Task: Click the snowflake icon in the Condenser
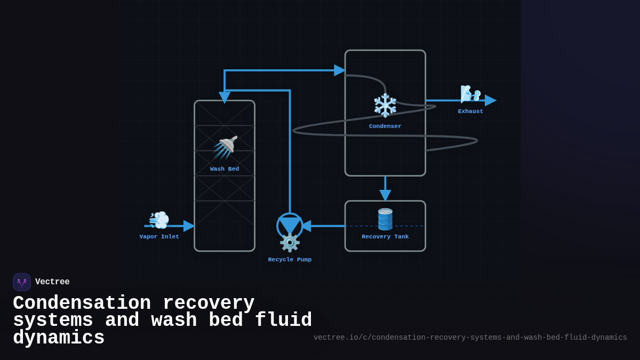385,105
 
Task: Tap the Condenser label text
385,126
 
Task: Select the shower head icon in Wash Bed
226,147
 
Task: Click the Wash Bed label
225,169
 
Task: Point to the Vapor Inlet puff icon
159,220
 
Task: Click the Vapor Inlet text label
159,237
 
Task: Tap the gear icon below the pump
290,243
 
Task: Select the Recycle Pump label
290,260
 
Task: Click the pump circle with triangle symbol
290,226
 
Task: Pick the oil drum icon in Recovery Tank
385,219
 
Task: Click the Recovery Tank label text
385,237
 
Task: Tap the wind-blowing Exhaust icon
470,94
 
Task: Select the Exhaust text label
470,111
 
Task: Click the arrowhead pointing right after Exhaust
491,100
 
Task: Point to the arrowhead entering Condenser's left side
340,70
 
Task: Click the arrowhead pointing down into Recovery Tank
385,195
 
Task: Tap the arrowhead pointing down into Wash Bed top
225,97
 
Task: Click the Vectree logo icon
22,282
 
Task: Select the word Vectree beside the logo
52,282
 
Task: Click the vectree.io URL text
470,338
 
